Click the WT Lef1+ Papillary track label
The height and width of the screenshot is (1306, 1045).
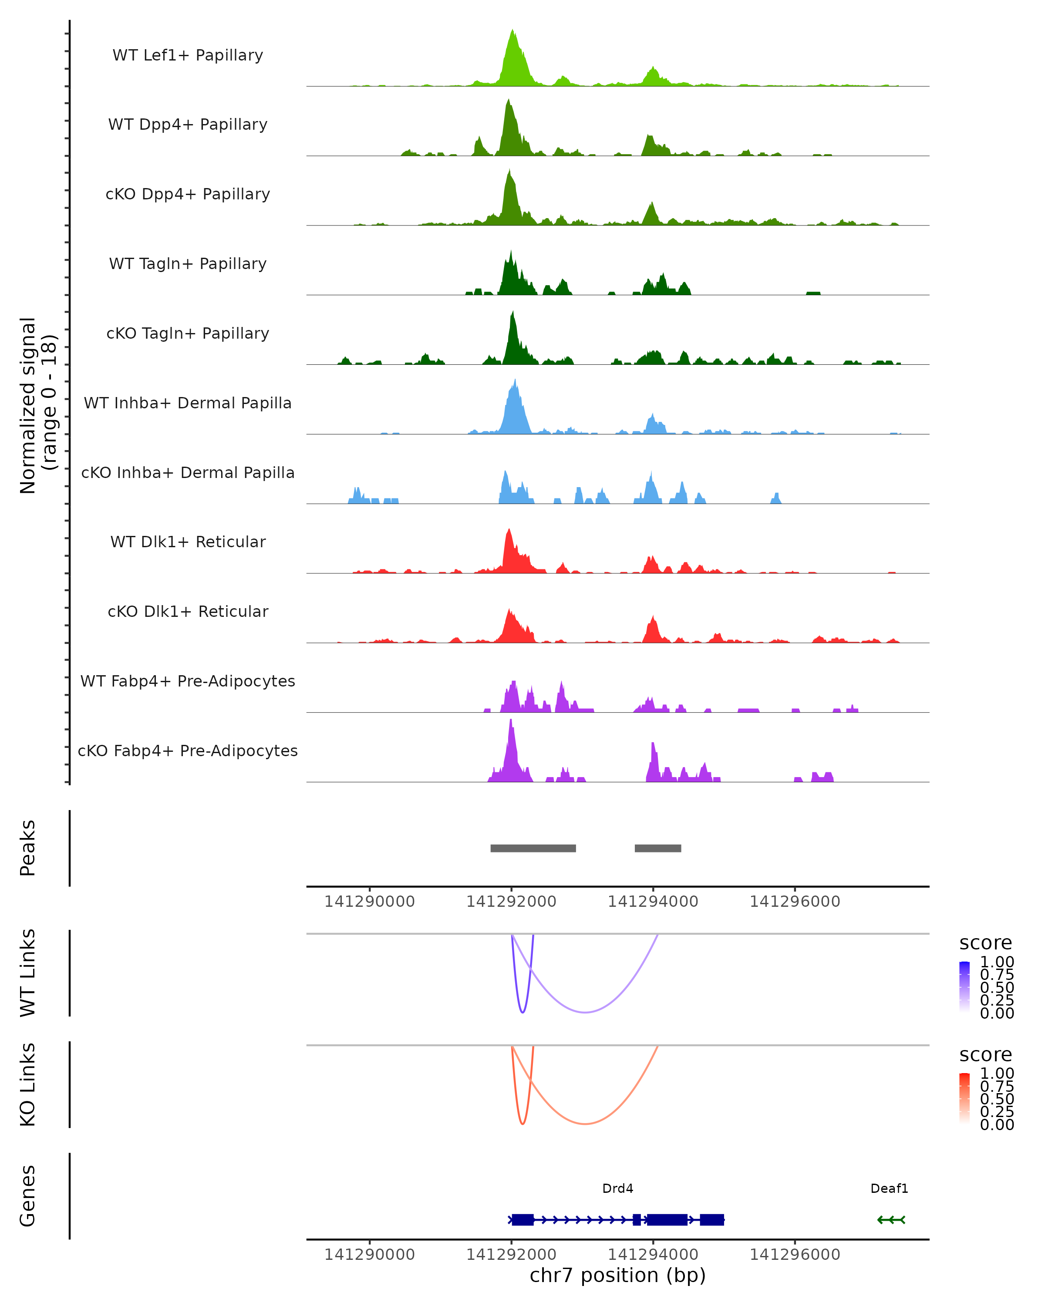(x=188, y=55)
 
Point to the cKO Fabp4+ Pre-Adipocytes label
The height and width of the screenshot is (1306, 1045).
(x=188, y=751)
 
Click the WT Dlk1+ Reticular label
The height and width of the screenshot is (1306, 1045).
(x=188, y=542)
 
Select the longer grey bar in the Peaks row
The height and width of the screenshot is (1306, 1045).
(x=533, y=848)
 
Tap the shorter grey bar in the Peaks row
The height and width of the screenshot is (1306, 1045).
(x=658, y=848)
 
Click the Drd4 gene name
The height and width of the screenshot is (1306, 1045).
(x=617, y=1188)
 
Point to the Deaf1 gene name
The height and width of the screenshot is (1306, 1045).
(x=889, y=1188)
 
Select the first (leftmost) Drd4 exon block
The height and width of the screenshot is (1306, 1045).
(x=522, y=1219)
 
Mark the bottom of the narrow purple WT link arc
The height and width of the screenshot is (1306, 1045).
(x=523, y=1012)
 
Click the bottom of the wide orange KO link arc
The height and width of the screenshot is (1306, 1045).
(x=585, y=1124)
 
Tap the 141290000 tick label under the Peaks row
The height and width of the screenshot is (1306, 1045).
(x=370, y=902)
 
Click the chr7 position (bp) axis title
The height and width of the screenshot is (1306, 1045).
(x=617, y=1275)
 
